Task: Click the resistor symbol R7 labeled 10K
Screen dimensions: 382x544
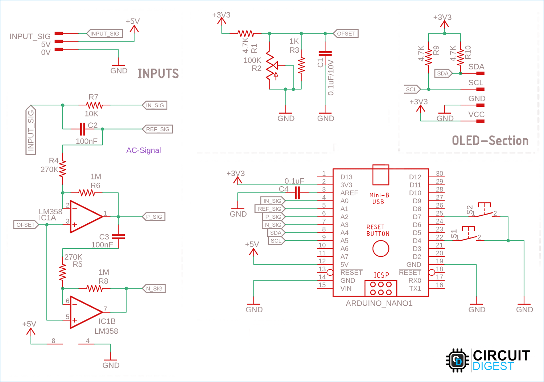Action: [x=94, y=105]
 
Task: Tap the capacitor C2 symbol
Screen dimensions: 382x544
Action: [x=82, y=129]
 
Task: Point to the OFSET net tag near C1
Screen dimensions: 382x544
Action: [x=346, y=33]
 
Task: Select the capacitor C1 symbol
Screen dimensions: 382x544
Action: [x=325, y=54]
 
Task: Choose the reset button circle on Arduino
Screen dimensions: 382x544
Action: [x=380, y=249]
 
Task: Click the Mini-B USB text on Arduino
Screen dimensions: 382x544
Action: [x=379, y=198]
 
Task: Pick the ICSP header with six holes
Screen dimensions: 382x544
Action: [x=380, y=288]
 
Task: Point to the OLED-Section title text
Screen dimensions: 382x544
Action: [x=490, y=141]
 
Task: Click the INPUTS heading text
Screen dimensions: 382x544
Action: [x=158, y=74]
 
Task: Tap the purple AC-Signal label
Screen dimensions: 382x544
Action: [x=143, y=150]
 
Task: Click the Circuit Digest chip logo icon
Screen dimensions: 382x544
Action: [x=457, y=360]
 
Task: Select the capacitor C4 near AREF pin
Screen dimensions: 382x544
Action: [x=297, y=193]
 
